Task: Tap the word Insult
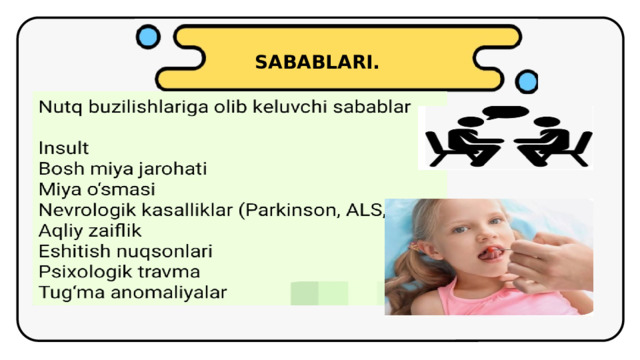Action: click(64, 148)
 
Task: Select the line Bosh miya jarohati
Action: click(122, 169)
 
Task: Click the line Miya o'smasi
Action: click(97, 189)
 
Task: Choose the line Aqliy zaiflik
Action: click(90, 231)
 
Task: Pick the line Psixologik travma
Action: click(119, 272)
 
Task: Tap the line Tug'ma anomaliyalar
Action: click(132, 293)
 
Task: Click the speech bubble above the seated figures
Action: click(509, 111)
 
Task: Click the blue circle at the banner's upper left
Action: click(148, 38)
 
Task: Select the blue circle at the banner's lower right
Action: click(526, 81)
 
